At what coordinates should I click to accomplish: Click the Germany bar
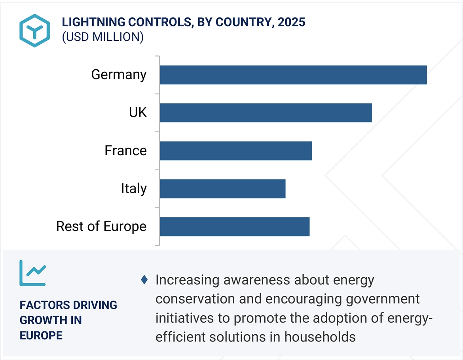click(x=293, y=75)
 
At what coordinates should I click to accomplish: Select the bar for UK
click(x=266, y=113)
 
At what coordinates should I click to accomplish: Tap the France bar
click(x=235, y=151)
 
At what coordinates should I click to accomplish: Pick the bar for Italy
click(x=222, y=189)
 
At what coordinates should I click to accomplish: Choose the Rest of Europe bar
click(x=234, y=227)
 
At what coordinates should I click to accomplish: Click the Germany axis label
click(x=119, y=74)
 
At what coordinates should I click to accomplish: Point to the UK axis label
click(x=138, y=112)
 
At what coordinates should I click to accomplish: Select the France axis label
click(x=125, y=150)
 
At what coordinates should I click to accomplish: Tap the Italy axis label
click(x=134, y=189)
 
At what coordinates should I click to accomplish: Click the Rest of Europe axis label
click(x=101, y=227)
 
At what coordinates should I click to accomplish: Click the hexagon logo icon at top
click(x=34, y=30)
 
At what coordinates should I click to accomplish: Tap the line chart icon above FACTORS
click(x=33, y=273)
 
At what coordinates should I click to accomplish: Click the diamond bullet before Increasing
click(x=144, y=280)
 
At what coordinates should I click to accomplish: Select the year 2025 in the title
click(x=291, y=22)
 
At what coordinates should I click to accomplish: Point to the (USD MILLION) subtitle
click(x=102, y=37)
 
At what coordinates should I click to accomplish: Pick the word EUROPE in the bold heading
click(x=41, y=335)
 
